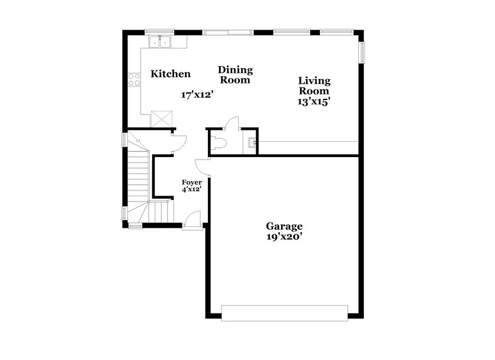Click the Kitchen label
[171, 74]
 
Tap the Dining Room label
[235, 75]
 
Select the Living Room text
[314, 85]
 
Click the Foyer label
[191, 182]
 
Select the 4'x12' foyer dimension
[191, 191]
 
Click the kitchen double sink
[160, 42]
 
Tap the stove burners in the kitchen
[132, 79]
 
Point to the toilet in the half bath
[218, 143]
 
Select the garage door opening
[284, 312]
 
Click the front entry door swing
[193, 220]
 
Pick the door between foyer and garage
[202, 166]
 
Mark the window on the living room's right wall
[362, 52]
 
